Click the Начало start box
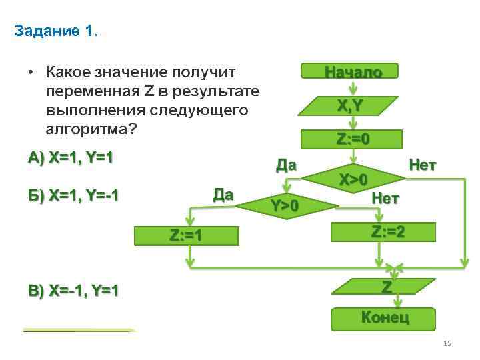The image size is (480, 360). pyautogui.click(x=350, y=71)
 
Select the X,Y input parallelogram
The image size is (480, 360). pyautogui.click(x=350, y=105)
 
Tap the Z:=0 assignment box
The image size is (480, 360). pyautogui.click(x=353, y=139)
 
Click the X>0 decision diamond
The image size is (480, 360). pyautogui.click(x=353, y=179)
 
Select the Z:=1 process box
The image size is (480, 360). pyautogui.click(x=187, y=235)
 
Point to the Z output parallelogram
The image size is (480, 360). pyautogui.click(x=385, y=287)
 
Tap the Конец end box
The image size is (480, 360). pyautogui.click(x=384, y=318)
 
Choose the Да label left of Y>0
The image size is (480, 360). pyautogui.click(x=223, y=195)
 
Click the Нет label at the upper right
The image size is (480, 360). pyautogui.click(x=422, y=165)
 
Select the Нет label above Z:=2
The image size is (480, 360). pyautogui.click(x=385, y=198)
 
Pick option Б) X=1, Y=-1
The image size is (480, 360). pyautogui.click(x=73, y=195)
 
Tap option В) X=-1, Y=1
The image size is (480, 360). pyautogui.click(x=73, y=291)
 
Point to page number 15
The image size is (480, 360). pyautogui.click(x=447, y=343)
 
